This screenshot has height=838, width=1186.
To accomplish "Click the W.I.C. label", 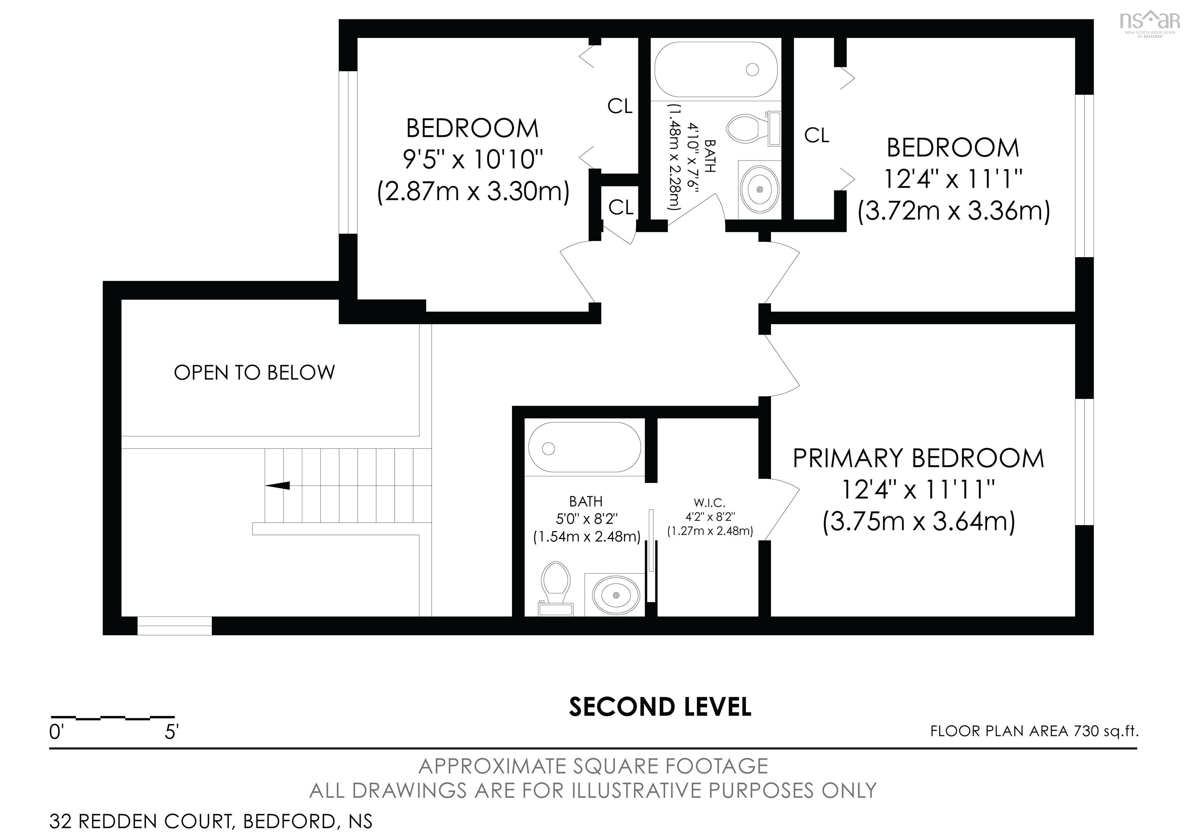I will [710, 502].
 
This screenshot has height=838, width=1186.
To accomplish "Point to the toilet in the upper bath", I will [752, 129].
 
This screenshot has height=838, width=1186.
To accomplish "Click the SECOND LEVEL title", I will [660, 707].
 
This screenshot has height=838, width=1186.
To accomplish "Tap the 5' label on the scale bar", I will [171, 732].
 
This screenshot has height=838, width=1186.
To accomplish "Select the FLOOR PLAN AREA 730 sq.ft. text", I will [1034, 731].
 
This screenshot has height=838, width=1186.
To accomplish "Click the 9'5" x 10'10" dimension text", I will [473, 159].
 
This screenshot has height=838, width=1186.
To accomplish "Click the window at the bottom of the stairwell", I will [175, 625].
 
